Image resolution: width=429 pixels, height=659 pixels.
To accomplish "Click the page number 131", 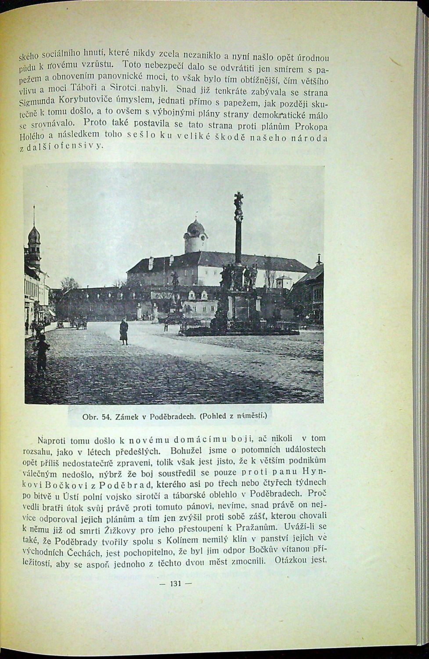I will coord(175,583).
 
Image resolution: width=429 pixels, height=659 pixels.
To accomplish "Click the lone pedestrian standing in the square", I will coord(124,332).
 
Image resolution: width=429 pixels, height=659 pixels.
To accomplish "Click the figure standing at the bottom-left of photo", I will coord(42,351).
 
